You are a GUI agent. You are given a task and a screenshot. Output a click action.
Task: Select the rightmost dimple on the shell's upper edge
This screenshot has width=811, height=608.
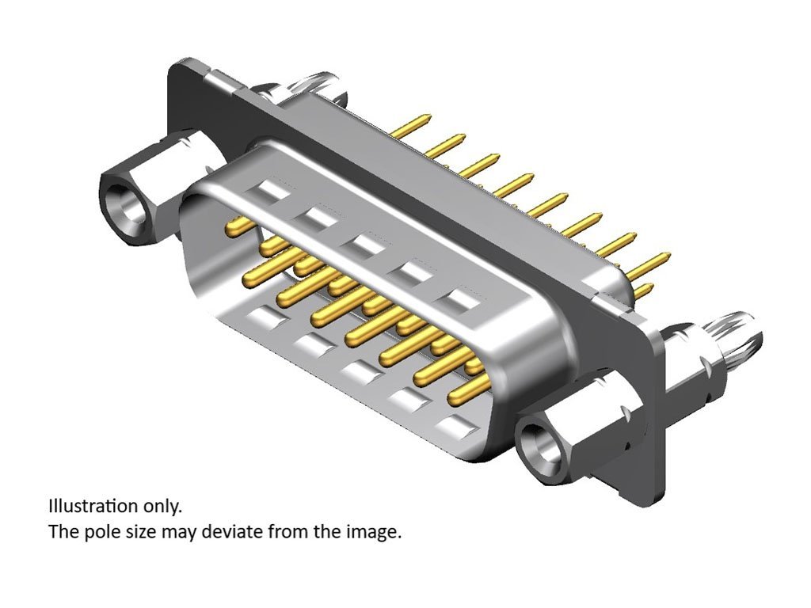click(x=462, y=299)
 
